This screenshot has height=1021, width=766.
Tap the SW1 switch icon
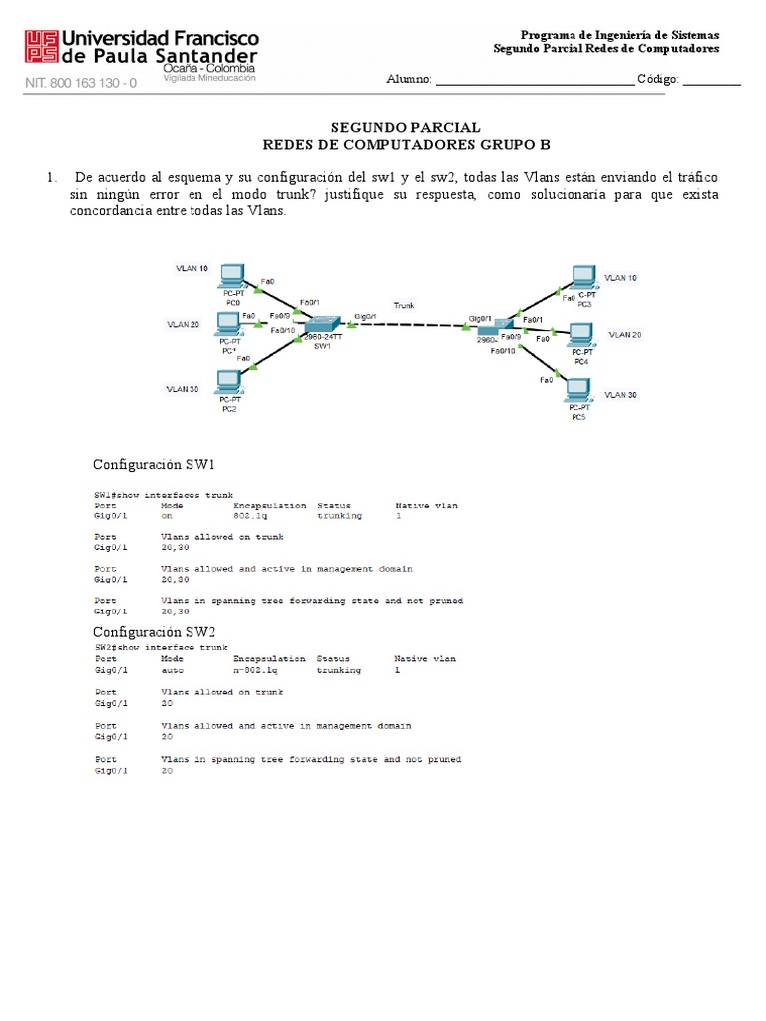tap(322, 327)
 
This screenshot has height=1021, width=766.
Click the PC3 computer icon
tap(583, 279)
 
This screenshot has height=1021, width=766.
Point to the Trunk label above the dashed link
tap(404, 305)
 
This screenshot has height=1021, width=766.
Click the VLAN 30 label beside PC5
tap(620, 395)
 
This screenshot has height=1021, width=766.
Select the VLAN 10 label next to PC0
tap(191, 269)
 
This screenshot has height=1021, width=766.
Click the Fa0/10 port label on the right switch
tap(503, 351)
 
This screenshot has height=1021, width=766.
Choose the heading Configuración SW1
tap(154, 465)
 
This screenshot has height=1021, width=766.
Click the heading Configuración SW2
tap(154, 632)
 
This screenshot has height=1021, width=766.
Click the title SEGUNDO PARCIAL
tap(405, 128)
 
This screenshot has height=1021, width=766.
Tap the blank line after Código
tap(711, 80)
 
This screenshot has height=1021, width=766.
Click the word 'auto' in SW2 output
tap(171, 671)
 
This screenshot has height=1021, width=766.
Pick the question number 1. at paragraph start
tap(51, 177)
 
